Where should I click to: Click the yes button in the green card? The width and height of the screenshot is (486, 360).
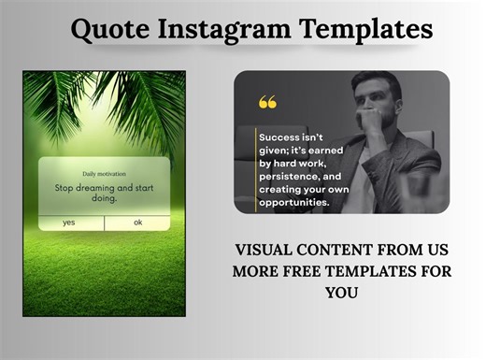coord(69,223)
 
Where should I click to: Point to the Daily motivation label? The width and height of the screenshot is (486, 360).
coord(104,173)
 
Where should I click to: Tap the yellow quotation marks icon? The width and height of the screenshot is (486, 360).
coord(268,102)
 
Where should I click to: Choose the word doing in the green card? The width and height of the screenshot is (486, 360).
coord(105,198)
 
